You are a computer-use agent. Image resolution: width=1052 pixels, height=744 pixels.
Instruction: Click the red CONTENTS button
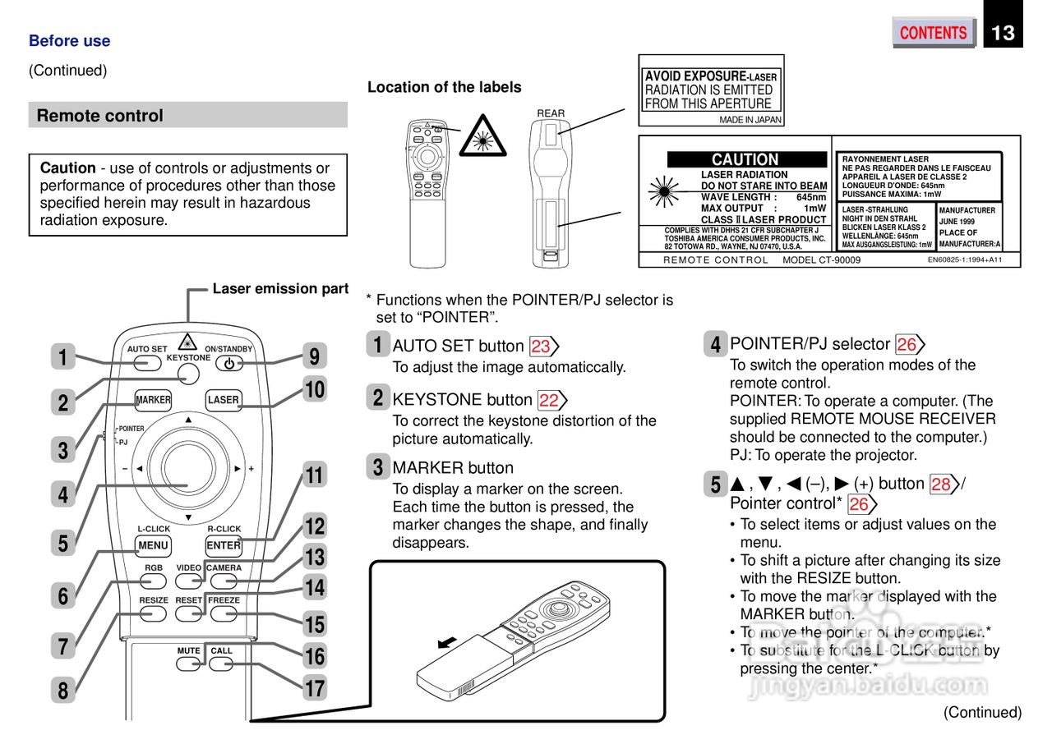[x=933, y=33]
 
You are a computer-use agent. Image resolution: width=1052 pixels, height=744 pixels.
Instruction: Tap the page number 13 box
[x=1003, y=33]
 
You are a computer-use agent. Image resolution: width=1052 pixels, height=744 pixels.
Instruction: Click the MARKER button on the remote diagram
[x=153, y=400]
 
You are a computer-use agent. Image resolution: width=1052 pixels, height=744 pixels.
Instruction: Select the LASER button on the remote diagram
[x=224, y=400]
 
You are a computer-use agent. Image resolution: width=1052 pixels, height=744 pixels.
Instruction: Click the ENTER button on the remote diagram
[x=224, y=545]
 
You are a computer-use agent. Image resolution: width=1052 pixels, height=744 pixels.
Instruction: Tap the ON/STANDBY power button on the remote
[x=228, y=364]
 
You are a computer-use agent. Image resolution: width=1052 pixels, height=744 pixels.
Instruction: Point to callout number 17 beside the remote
[x=315, y=687]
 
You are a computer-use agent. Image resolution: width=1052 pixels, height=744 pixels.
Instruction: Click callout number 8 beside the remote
[x=63, y=691]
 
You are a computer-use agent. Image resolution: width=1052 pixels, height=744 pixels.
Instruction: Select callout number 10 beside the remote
[x=315, y=389]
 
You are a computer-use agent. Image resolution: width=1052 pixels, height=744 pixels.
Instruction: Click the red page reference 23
[x=541, y=347]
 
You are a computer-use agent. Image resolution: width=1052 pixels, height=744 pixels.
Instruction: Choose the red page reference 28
[x=941, y=485]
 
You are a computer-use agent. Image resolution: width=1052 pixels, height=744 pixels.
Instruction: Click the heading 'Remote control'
[x=100, y=116]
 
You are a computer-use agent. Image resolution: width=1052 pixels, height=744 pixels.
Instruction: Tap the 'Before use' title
[x=69, y=41]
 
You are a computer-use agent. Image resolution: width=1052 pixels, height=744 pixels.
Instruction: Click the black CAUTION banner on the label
[x=746, y=159]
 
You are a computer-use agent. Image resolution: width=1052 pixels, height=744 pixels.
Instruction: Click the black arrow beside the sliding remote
[x=447, y=641]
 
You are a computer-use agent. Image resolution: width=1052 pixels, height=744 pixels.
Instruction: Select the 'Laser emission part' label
[x=280, y=289]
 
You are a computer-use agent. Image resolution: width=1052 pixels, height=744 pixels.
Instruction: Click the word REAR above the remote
[x=551, y=113]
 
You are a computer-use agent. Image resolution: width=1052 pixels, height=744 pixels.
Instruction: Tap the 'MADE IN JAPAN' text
[x=750, y=120]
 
